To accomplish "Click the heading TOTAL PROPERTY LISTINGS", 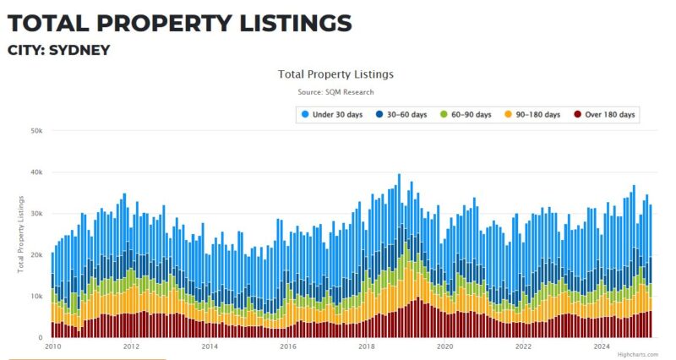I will click(x=178, y=22).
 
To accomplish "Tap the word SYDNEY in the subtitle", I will click(x=79, y=50).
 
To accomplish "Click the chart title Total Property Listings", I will click(x=335, y=74).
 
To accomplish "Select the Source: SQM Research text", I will click(x=335, y=91).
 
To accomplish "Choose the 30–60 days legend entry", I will click(x=402, y=114).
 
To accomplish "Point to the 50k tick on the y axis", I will click(x=35, y=131).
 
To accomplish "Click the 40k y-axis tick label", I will click(x=35, y=172).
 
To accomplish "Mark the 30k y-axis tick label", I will click(x=35, y=214).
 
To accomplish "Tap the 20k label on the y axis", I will click(x=35, y=255).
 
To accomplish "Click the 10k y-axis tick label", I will click(x=35, y=297).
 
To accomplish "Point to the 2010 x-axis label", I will click(x=52, y=346).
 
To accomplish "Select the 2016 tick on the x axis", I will click(x=288, y=346).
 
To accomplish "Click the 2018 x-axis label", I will click(x=367, y=346).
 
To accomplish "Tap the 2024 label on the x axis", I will click(x=602, y=346).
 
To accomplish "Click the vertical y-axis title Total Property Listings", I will click(x=20, y=234).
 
